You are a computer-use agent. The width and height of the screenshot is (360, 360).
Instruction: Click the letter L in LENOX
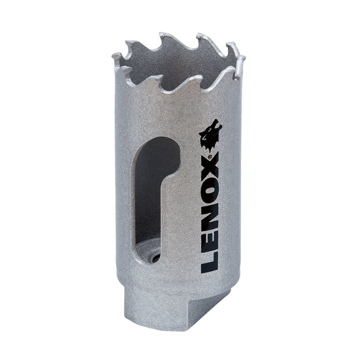(x=209, y=264)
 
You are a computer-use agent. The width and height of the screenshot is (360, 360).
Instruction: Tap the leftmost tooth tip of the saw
(x=114, y=53)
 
